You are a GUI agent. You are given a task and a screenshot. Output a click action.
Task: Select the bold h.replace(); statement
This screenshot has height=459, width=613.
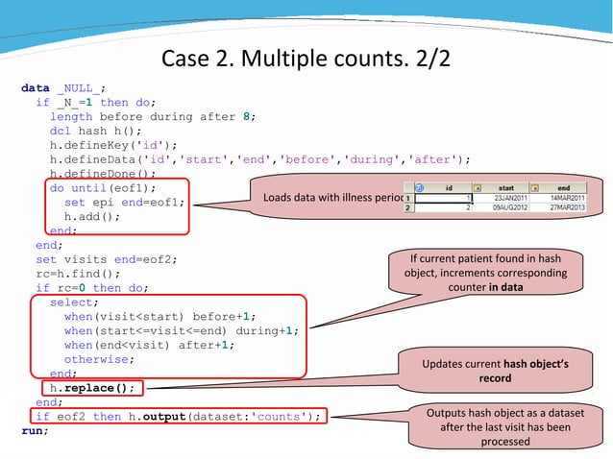[93, 388]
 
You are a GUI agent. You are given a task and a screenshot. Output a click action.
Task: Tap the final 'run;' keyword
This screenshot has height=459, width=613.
[36, 430]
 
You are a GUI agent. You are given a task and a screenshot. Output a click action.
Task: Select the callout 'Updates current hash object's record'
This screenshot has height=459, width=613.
[495, 372]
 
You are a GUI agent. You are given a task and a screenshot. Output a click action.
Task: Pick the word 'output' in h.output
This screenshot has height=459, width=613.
[162, 416]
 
